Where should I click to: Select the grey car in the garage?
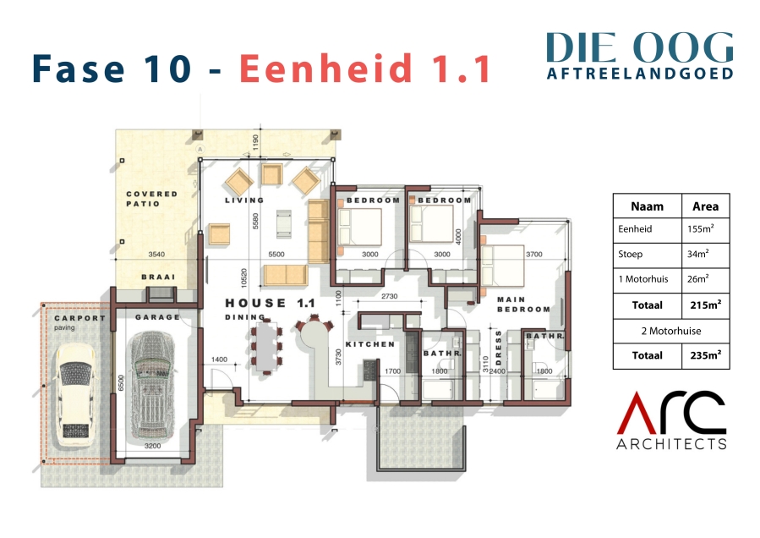pos(151,386)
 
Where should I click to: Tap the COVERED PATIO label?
pos(151,199)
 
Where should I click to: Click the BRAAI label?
pos(158,277)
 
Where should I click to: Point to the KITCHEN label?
pos(370,344)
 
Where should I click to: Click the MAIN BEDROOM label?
pos(523,305)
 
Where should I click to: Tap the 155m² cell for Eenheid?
pos(700,228)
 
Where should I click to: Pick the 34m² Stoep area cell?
pos(698,254)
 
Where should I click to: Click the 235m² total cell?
pos(706,355)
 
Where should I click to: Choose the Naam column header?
pos(647,206)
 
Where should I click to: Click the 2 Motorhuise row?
pos(671,331)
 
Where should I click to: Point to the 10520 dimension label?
pos(243,277)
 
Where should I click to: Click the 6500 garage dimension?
pos(121,382)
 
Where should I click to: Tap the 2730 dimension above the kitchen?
pos(389,296)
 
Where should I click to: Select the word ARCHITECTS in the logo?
pos(671,443)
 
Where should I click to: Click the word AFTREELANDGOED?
pos(640,73)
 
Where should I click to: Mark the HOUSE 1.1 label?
pos(270,303)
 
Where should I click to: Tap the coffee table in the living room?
pos(283,223)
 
